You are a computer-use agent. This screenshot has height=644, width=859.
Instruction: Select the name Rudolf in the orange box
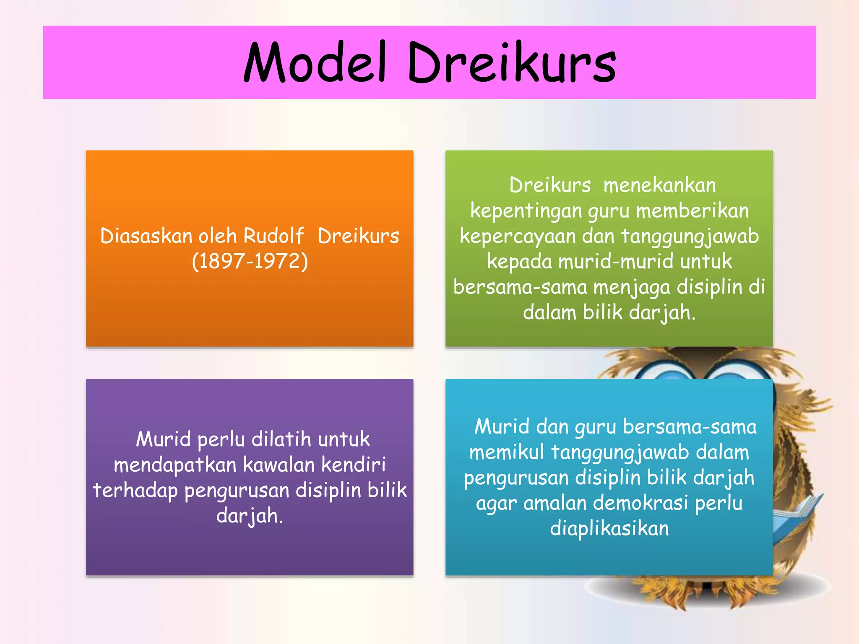(x=273, y=236)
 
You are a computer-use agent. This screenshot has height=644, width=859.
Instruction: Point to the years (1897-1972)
(x=250, y=261)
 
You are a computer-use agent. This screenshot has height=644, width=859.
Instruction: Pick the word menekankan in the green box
(x=659, y=185)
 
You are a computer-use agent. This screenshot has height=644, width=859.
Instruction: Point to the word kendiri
(x=354, y=465)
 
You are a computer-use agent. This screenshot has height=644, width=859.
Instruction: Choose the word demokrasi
(x=640, y=503)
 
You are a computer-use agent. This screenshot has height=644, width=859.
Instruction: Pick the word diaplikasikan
(x=609, y=529)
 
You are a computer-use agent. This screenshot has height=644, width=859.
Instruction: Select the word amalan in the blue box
(x=555, y=503)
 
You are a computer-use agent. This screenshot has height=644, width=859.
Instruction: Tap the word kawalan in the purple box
(x=279, y=465)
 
